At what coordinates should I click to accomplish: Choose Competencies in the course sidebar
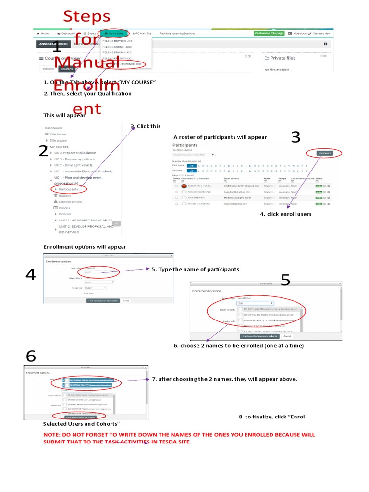pos(70,202)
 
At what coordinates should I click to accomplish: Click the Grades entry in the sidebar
pos(64,208)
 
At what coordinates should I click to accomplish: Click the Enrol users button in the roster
pos(325,153)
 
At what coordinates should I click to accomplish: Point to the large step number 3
pos(295,137)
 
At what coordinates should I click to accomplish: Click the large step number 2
pos(43,151)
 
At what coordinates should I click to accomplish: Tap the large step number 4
pos(30,275)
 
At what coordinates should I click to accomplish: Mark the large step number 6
pos(31,356)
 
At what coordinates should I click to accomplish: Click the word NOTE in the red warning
pos(52,434)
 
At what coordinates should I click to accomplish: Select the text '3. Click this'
pos(146,126)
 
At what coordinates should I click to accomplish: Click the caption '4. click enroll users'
pos(285,214)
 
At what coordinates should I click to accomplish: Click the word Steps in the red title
pos(87,17)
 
